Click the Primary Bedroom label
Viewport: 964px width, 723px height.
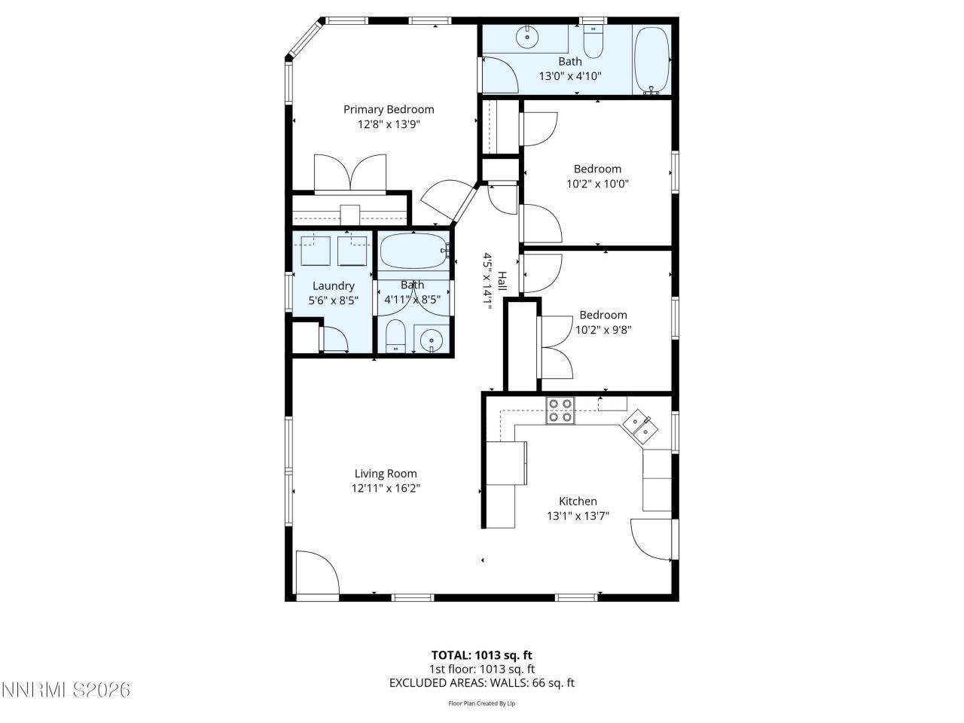click(x=389, y=109)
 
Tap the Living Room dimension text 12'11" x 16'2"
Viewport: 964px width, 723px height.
click(x=386, y=488)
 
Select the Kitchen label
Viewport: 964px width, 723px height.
click(x=578, y=501)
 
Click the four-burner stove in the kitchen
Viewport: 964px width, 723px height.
click(x=560, y=410)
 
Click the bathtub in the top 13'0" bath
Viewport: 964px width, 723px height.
click(x=651, y=60)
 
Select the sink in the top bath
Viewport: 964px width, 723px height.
click(x=528, y=35)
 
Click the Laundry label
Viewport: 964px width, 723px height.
click(x=333, y=285)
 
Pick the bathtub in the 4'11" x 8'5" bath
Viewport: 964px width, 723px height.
click(x=413, y=252)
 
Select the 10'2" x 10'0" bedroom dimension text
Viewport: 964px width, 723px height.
click(x=597, y=183)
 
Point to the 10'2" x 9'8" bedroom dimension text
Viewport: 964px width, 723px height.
click(x=602, y=329)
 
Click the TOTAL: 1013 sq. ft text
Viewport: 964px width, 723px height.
click(x=481, y=655)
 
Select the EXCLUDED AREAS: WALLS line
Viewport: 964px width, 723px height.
click(x=481, y=683)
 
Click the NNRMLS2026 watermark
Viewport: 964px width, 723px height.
click(x=66, y=689)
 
